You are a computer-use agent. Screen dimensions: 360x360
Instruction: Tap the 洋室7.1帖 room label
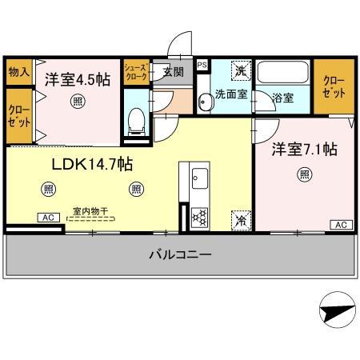304,149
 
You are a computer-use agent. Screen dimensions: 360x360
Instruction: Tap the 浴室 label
282,99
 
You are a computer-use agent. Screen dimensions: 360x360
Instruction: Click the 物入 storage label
18,71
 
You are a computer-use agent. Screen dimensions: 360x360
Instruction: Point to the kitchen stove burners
198,216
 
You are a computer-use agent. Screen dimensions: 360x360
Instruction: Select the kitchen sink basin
198,178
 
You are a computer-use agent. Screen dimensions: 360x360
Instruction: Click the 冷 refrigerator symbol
239,218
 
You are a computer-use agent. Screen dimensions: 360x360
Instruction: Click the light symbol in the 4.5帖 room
76,101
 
